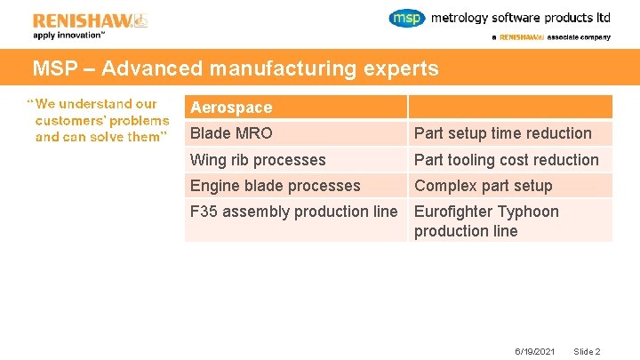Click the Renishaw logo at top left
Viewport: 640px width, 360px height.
(x=90, y=20)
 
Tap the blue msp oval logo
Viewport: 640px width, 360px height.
(x=407, y=18)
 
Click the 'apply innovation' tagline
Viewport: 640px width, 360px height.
(x=69, y=36)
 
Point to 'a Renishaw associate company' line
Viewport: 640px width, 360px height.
(x=550, y=37)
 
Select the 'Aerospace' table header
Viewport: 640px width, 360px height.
(x=231, y=108)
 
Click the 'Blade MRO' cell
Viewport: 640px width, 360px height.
(x=231, y=133)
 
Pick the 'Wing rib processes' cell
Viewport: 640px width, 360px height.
(x=258, y=160)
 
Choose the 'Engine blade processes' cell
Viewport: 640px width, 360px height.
(x=275, y=186)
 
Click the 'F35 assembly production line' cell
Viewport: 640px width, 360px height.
(x=293, y=212)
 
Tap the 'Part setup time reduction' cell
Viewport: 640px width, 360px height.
(x=502, y=133)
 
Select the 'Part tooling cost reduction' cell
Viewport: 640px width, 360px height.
(x=506, y=160)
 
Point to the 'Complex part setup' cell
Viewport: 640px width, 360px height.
(x=483, y=186)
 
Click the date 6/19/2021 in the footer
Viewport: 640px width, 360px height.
(x=535, y=351)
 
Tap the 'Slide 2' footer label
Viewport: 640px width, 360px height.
(x=588, y=351)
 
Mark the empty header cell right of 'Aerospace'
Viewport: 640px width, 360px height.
(x=510, y=108)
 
